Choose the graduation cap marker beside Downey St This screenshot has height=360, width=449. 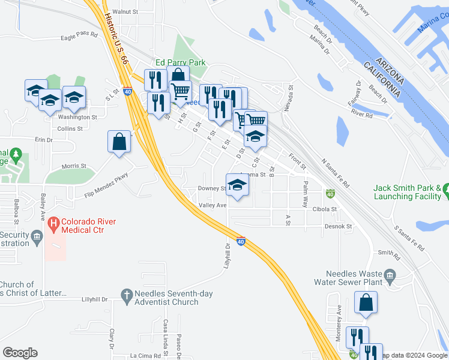click(237, 184)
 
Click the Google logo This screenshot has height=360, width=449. click(20, 353)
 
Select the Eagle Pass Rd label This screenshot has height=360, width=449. click(79, 36)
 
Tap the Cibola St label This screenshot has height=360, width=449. click(325, 209)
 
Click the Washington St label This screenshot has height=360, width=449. click(77, 118)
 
